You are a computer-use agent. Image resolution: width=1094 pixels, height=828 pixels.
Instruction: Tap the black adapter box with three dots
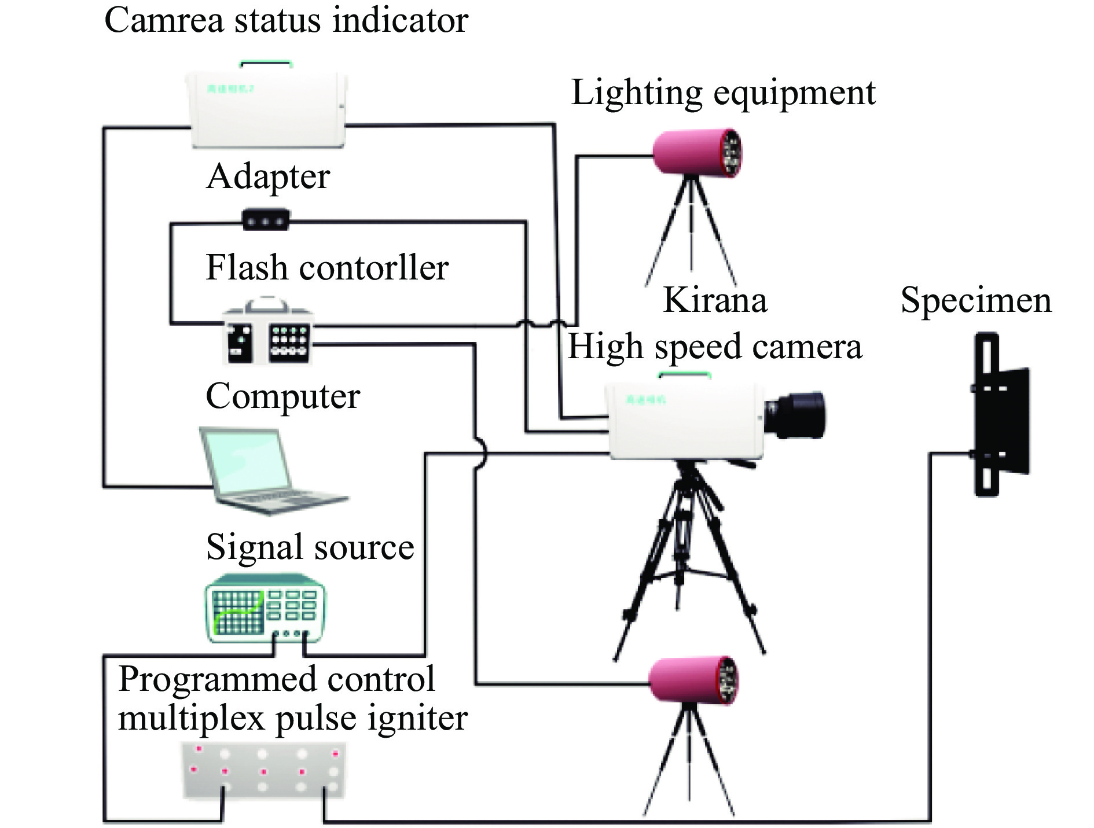coord(265,220)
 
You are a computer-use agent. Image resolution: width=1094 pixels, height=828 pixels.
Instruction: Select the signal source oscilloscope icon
coord(265,608)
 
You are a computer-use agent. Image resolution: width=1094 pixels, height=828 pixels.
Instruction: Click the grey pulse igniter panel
coord(264,770)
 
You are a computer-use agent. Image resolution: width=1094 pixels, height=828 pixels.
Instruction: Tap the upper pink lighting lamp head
coord(697,152)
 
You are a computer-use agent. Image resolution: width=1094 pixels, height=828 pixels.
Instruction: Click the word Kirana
coord(715,300)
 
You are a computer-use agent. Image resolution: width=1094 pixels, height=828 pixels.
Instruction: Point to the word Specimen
coord(976,301)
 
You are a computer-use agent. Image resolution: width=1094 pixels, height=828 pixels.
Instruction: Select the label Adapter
coord(268,176)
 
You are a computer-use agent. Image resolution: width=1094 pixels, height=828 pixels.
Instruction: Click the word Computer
coord(282,397)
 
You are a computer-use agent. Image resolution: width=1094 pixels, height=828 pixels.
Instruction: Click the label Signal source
coord(310,547)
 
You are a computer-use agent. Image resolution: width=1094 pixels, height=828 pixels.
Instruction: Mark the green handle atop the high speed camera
coord(684,376)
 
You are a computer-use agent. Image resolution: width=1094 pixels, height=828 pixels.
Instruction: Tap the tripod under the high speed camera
coord(689,561)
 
